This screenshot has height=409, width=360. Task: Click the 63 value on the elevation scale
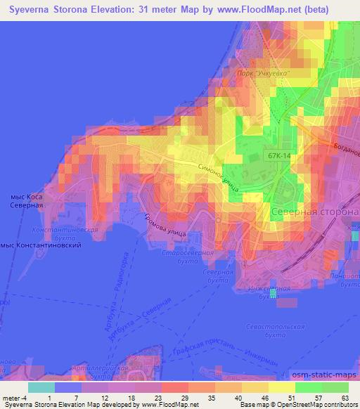[344, 397]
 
